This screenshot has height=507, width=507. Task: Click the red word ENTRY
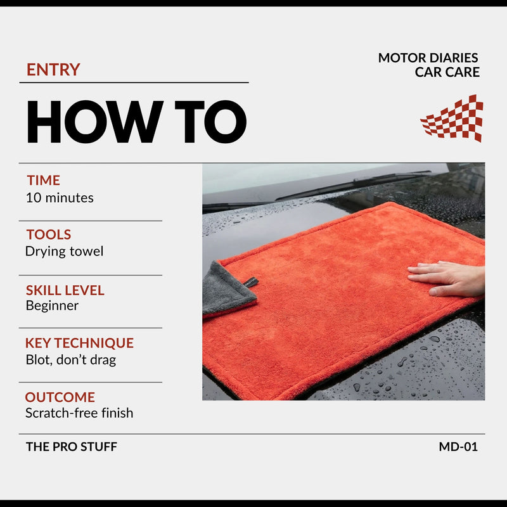(53, 70)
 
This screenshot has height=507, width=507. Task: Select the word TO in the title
(210, 122)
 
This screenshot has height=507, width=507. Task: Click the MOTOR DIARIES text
(428, 58)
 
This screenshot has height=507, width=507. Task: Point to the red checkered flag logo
(452, 119)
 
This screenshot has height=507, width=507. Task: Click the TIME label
(43, 180)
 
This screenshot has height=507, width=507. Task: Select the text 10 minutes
(60, 198)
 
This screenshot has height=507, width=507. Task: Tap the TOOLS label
(49, 234)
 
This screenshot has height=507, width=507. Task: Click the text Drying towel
(65, 251)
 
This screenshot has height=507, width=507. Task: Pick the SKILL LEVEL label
(65, 290)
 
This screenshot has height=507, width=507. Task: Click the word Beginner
(52, 306)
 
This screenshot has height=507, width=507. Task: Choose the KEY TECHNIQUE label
(80, 343)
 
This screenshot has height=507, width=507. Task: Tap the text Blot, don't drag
(71, 360)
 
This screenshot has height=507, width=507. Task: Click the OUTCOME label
(60, 397)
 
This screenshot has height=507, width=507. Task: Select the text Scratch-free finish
(79, 413)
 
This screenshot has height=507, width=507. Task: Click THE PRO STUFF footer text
(72, 447)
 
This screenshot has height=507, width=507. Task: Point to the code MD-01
(458, 447)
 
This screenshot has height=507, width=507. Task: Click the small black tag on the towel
(251, 283)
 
